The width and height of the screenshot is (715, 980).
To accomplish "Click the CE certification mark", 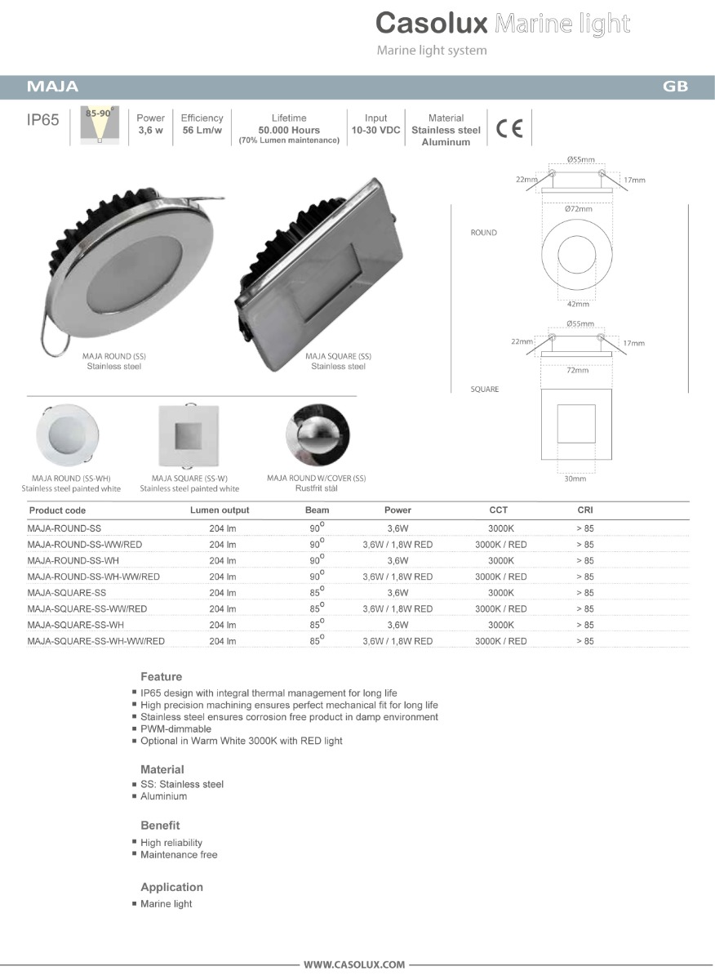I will (x=508, y=129).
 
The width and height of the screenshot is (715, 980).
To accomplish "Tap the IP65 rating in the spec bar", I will (x=43, y=120).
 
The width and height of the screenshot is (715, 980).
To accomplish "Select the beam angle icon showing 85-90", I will (x=100, y=126).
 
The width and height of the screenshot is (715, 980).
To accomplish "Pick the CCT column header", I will (x=499, y=510).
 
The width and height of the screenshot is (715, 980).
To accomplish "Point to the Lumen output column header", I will (x=219, y=510).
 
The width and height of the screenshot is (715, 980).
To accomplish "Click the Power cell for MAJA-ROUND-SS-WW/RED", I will (x=397, y=544).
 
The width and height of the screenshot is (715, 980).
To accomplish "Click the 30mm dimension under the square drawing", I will (x=576, y=479).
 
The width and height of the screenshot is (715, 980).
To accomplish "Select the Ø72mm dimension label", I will (x=578, y=209).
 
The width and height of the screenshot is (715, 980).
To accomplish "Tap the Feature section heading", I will (x=161, y=676).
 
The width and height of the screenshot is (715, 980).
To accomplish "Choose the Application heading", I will (x=171, y=887).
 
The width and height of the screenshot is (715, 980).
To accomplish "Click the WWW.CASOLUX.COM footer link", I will (x=354, y=964).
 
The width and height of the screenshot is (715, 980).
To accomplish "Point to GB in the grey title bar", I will (x=675, y=87).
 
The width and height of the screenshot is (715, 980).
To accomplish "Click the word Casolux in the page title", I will (x=432, y=23).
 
